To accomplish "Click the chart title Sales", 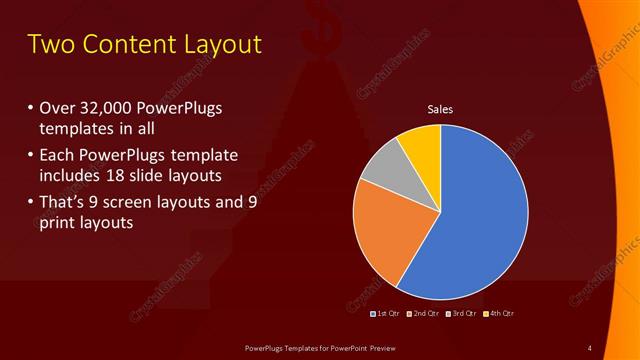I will point(440,109).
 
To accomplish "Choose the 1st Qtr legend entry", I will point(385,314).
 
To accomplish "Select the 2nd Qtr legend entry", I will point(422,314).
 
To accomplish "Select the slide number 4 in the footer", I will point(589,347).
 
